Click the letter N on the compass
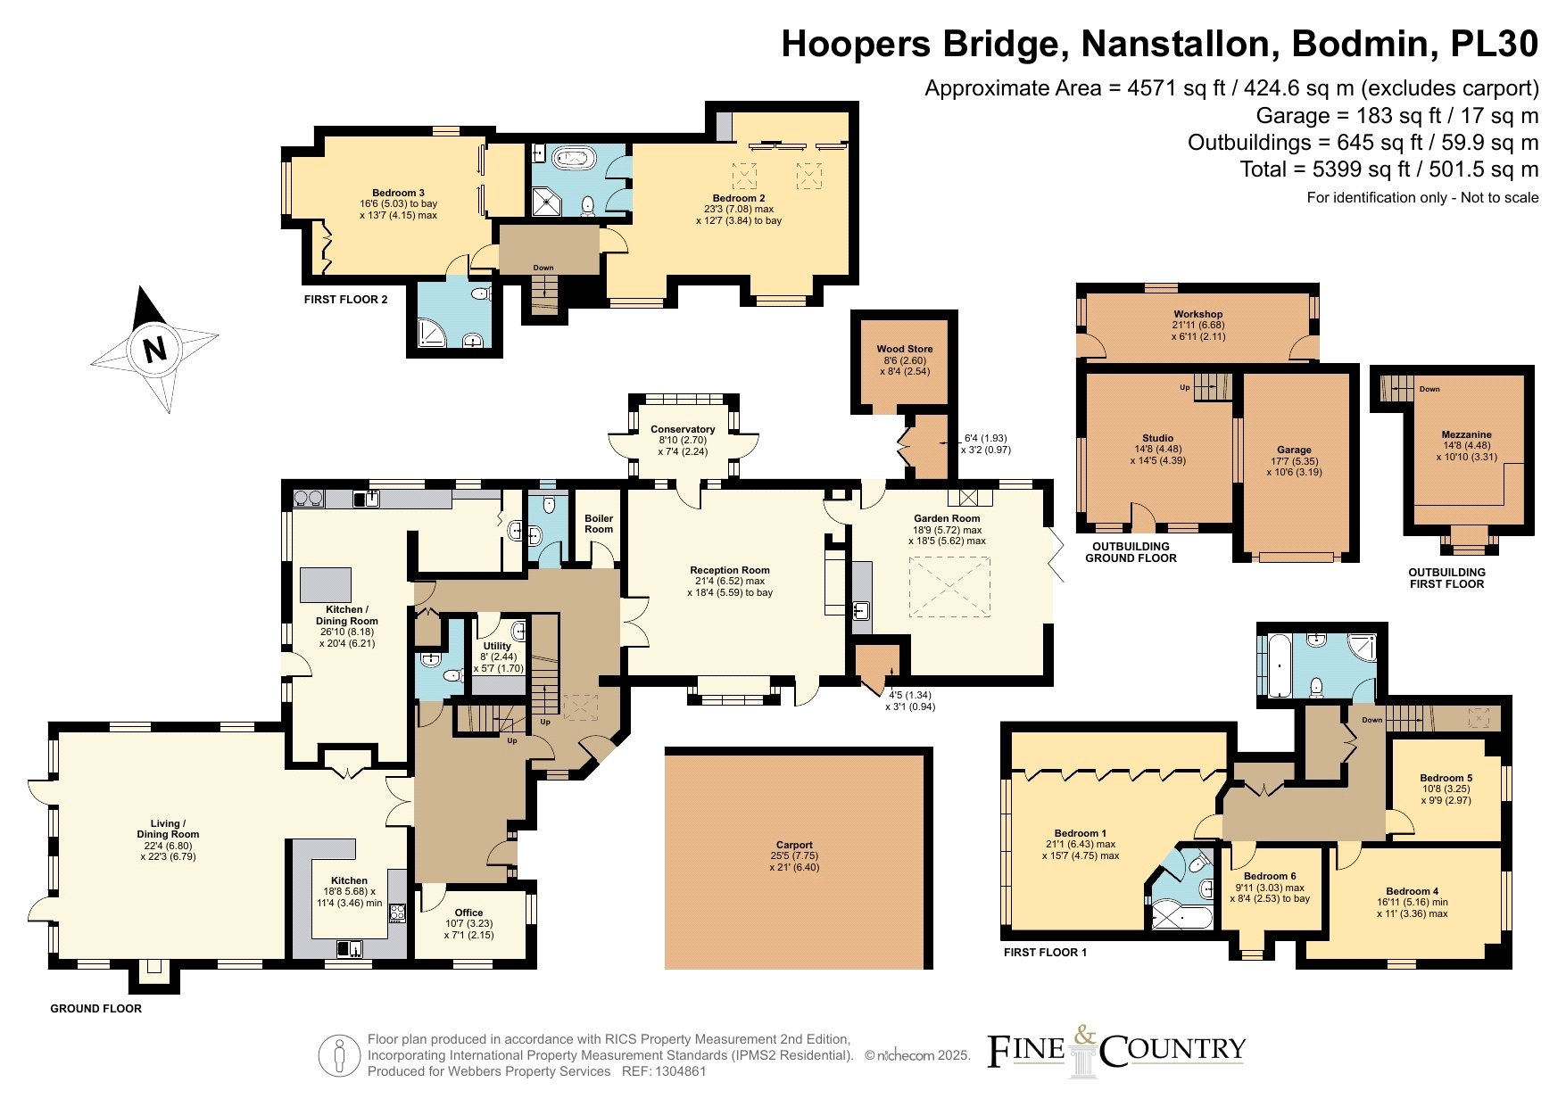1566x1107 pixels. pos(155,349)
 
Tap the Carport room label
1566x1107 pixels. pos(794,845)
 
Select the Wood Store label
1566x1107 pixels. pos(905,349)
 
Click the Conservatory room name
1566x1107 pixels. pos(683,429)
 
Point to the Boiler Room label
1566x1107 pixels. pos(599,524)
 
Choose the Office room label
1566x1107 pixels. pos(468,913)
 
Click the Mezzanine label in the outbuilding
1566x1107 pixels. pos(1466,434)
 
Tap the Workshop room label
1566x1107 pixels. pos(1197,314)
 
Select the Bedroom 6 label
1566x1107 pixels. pos(1270,876)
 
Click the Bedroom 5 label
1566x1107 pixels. pos(1446,778)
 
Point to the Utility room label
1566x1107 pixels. pos(497,646)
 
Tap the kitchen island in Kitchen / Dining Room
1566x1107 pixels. pos(326,584)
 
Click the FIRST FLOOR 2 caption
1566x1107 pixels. pos(345,300)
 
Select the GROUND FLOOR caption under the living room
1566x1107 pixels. pos(95,1009)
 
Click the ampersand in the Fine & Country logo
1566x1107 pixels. pos(1083,1036)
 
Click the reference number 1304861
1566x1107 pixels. pos(678,1071)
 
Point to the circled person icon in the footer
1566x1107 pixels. pos(340,1056)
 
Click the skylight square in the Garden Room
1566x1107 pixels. pos(949,587)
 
